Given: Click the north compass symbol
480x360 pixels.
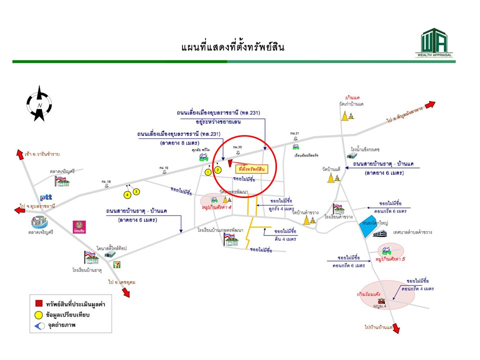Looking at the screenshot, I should (38, 103).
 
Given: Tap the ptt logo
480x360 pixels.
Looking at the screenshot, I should (46, 196).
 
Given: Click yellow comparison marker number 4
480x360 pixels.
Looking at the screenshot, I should (127, 194).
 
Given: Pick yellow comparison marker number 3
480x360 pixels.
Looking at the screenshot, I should (136, 191).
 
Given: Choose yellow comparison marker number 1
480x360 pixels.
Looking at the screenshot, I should (207, 172).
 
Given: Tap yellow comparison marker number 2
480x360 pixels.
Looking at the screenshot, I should (217, 169).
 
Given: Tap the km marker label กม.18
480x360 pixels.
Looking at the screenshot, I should (106, 181).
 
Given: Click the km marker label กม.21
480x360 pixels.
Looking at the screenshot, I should (294, 133).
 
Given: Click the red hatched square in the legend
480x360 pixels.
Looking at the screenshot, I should (38, 303).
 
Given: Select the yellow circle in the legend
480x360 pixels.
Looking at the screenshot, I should (38, 314).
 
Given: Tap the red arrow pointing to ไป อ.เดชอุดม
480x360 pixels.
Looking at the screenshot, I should (124, 291).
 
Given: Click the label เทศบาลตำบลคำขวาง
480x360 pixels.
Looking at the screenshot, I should (412, 232).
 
